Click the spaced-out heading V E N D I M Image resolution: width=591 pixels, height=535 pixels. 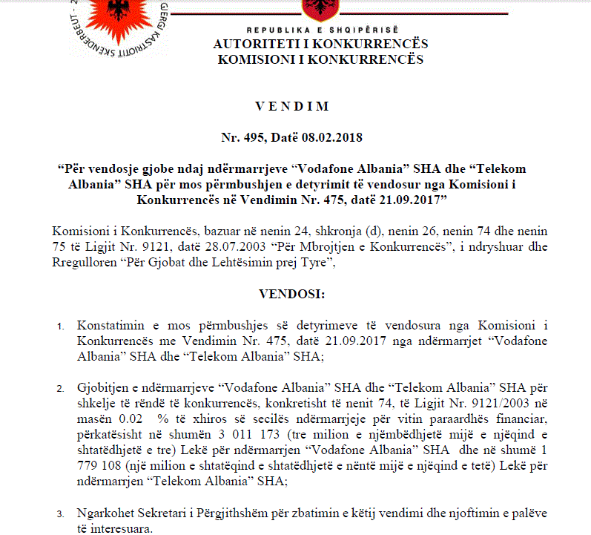pos(291,106)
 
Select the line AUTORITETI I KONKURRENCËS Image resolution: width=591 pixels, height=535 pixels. pos(320,44)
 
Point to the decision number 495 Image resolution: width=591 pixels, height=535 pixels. pos(251,137)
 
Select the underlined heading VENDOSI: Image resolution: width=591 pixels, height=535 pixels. pos(291,294)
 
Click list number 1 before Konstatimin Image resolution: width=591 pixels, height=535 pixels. pos(60,327)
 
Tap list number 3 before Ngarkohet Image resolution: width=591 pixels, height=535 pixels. pos(60,513)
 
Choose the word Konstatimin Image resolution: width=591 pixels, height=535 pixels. pos(107,326)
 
